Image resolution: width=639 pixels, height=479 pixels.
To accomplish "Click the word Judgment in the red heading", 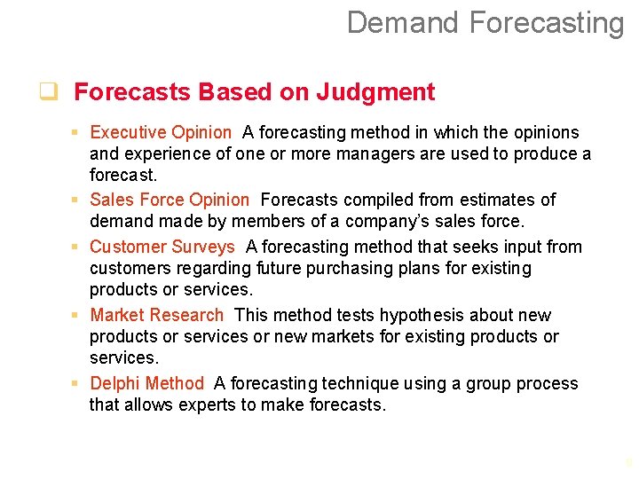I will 383,92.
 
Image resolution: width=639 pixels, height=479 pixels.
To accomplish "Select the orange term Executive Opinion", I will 160,133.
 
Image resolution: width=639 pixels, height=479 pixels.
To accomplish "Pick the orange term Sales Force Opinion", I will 170,200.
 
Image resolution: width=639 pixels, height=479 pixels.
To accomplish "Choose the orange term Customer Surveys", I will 162,247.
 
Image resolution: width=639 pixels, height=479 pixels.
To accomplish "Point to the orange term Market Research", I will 157,316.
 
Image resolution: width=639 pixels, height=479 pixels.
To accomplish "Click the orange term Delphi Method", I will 146,384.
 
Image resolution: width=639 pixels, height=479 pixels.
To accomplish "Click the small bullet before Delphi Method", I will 77,384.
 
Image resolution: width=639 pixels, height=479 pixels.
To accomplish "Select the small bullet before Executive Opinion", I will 77,133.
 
